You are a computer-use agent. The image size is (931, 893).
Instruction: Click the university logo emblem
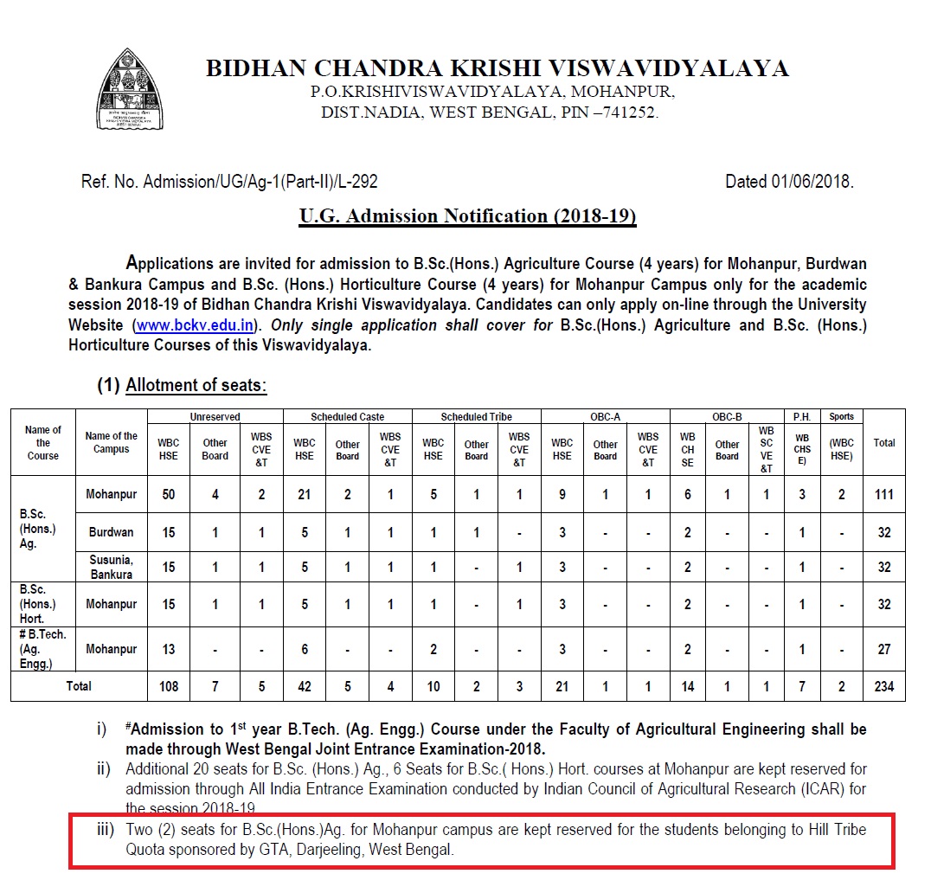coord(130,90)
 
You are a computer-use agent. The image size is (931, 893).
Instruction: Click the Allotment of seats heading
coord(196,386)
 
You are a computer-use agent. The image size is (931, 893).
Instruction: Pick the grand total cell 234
coord(883,687)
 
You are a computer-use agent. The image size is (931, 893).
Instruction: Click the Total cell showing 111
coord(883,495)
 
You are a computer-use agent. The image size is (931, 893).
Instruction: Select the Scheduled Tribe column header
coord(476,416)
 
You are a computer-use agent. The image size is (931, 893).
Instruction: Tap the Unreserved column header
coord(215,416)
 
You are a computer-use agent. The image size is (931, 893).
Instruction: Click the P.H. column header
coord(801,416)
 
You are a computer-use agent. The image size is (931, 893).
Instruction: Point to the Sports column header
coord(841,416)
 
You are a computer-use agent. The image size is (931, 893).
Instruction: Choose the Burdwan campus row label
coord(111,532)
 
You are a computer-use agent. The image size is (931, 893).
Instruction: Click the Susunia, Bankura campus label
coord(111,568)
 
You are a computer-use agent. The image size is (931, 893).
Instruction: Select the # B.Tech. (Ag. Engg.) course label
coord(43,649)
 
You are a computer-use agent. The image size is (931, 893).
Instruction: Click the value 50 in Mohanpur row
coord(169,495)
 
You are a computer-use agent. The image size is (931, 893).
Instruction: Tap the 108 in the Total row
coord(169,687)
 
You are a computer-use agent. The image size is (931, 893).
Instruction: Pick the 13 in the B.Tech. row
coord(169,649)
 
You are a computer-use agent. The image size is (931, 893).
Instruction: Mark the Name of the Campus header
coord(111,442)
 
